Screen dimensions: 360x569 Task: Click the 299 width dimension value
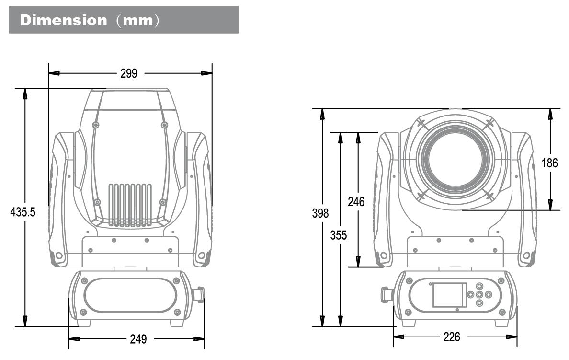pos(128,73)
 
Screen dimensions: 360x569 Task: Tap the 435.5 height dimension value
pos(23,212)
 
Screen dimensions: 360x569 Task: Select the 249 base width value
pos(138,339)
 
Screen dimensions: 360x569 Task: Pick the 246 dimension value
pos(356,202)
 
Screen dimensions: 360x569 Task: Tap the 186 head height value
pos(549,163)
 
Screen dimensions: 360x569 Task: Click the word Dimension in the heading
pos(64,21)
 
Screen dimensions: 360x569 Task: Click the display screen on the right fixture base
pos(449,295)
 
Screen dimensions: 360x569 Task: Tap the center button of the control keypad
pos(479,294)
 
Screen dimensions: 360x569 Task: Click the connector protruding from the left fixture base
pos(198,294)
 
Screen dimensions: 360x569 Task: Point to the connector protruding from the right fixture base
pos(386,295)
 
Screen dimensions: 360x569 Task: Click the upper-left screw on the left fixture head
pos(96,125)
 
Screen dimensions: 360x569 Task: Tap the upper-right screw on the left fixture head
pos(164,125)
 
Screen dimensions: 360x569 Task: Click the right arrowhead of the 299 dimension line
pos(207,73)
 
